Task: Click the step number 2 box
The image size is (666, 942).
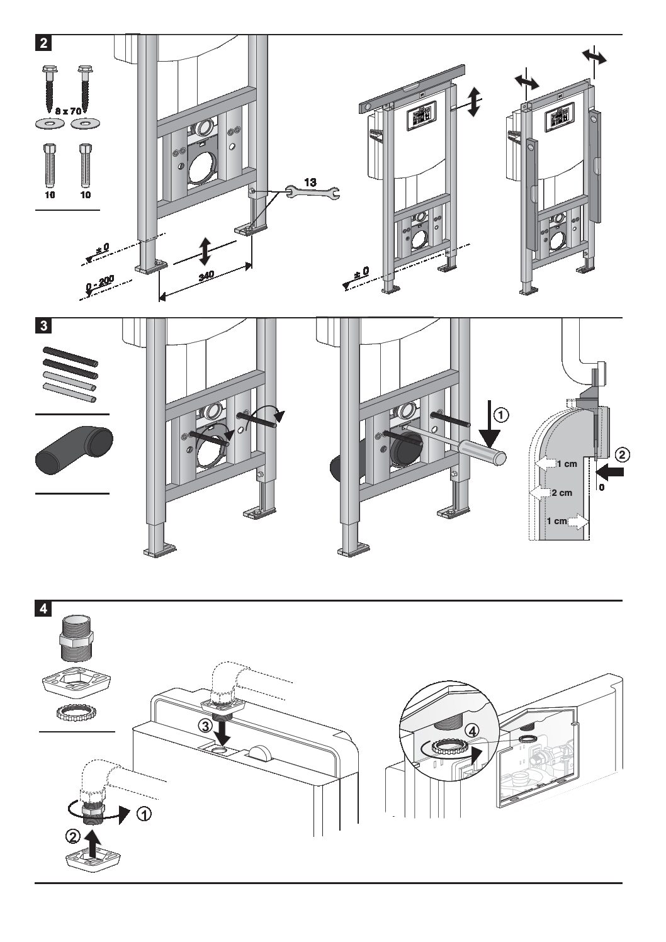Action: pos(42,44)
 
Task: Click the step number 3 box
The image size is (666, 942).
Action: pos(42,327)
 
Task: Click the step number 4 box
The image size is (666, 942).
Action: pos(42,610)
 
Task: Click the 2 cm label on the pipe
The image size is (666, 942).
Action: pos(562,493)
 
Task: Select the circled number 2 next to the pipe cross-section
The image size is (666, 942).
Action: pos(621,453)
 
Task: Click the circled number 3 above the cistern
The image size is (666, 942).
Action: pos(205,725)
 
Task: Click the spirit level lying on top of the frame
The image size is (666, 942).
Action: pos(412,91)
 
